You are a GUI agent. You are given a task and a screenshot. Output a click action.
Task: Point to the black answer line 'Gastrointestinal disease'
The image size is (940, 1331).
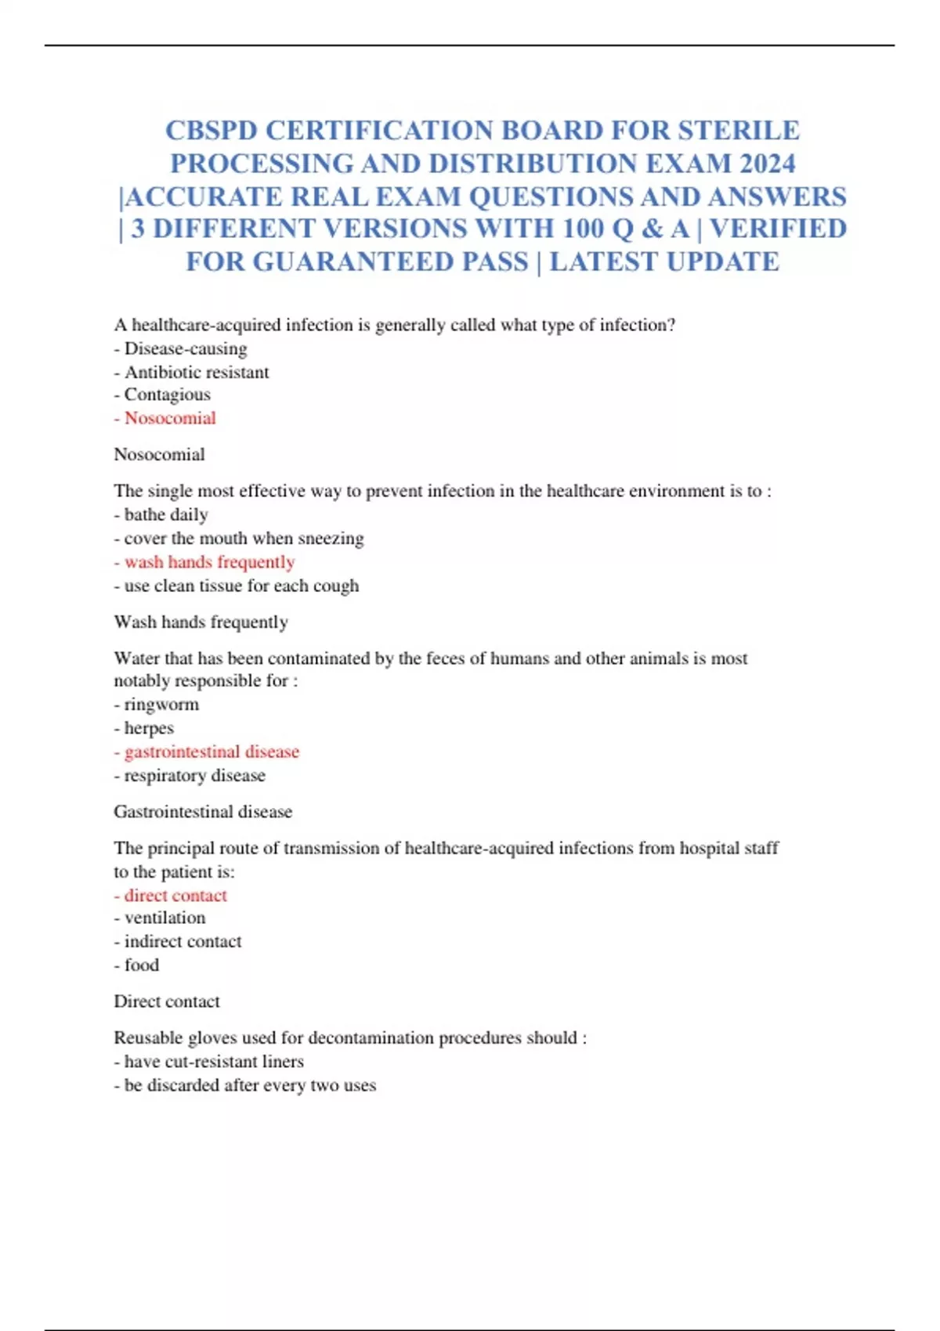click(203, 812)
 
